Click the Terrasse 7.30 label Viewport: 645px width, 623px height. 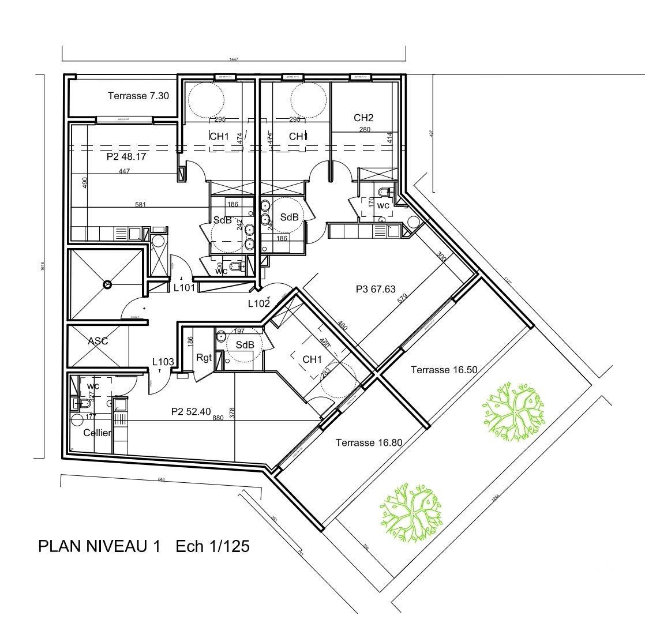(x=138, y=96)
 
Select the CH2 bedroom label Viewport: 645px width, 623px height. (x=363, y=118)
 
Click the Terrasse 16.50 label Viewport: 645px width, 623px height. (x=444, y=370)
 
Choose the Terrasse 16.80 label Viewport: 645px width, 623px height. (x=369, y=442)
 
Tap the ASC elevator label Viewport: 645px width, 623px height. (x=97, y=341)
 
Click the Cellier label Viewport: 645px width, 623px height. (x=97, y=433)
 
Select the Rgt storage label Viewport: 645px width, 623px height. (x=204, y=358)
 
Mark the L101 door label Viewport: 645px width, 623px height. (x=185, y=288)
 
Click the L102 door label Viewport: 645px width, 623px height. (x=259, y=303)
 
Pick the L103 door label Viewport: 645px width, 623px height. (x=163, y=362)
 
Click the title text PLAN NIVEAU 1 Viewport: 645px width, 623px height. (x=99, y=546)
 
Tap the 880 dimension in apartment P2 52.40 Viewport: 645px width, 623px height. (x=217, y=418)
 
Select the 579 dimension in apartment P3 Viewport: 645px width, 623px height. (x=402, y=298)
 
